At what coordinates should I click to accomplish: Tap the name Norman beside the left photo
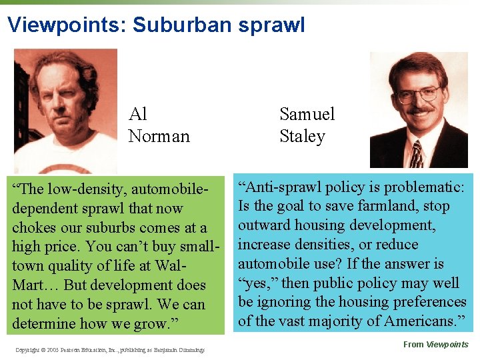click(x=159, y=136)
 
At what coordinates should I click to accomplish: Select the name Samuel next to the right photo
click(x=307, y=114)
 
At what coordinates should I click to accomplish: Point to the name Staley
click(x=302, y=136)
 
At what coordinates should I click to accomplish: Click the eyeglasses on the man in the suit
click(x=418, y=94)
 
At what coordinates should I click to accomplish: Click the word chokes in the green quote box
click(x=35, y=227)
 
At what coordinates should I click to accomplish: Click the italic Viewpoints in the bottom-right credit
click(x=448, y=345)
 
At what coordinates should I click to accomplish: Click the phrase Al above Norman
click(x=137, y=114)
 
